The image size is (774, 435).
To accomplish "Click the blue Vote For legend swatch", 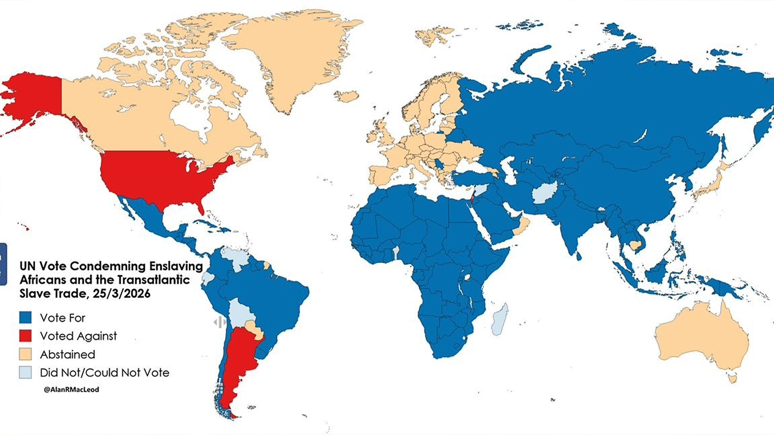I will click(x=25, y=318).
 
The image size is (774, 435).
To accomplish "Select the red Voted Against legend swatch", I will click(x=25, y=336).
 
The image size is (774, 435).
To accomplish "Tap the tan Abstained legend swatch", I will click(x=25, y=354).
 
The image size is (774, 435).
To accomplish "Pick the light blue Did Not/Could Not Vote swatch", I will click(x=25, y=372).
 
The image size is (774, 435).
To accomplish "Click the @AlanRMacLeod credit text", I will click(x=71, y=390).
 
